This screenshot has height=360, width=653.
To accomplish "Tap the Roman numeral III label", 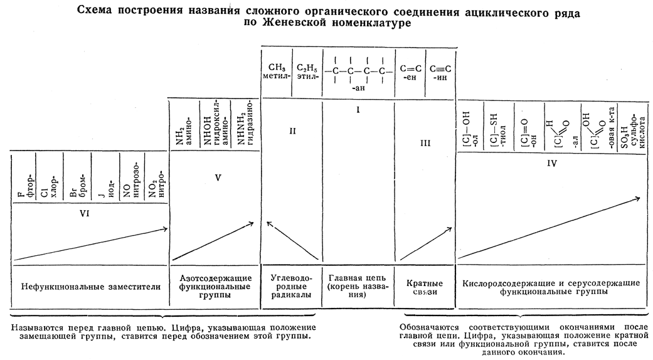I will tap(425, 144).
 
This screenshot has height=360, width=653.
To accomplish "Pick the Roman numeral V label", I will tap(218, 177).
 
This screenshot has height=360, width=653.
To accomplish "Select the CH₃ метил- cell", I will tap(277, 71).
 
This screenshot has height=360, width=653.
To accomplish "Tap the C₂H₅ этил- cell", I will tap(307, 72).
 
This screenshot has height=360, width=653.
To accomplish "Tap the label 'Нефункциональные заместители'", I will tap(91, 287).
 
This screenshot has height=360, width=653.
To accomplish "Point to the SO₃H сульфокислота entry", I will tap(632, 129).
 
